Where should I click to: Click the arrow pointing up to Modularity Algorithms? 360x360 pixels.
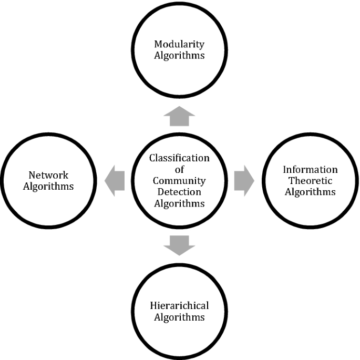(x=179, y=116)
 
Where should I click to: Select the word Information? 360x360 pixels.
(x=310, y=170)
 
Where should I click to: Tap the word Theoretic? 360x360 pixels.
(x=310, y=181)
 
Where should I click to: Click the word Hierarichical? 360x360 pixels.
(x=179, y=306)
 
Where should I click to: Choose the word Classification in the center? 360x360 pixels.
(x=179, y=158)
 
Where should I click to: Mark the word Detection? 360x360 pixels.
(x=179, y=193)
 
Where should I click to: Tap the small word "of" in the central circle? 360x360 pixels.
(x=179, y=170)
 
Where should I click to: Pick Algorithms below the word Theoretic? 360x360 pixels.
(x=310, y=192)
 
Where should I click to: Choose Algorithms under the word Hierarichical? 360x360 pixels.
(x=179, y=317)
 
